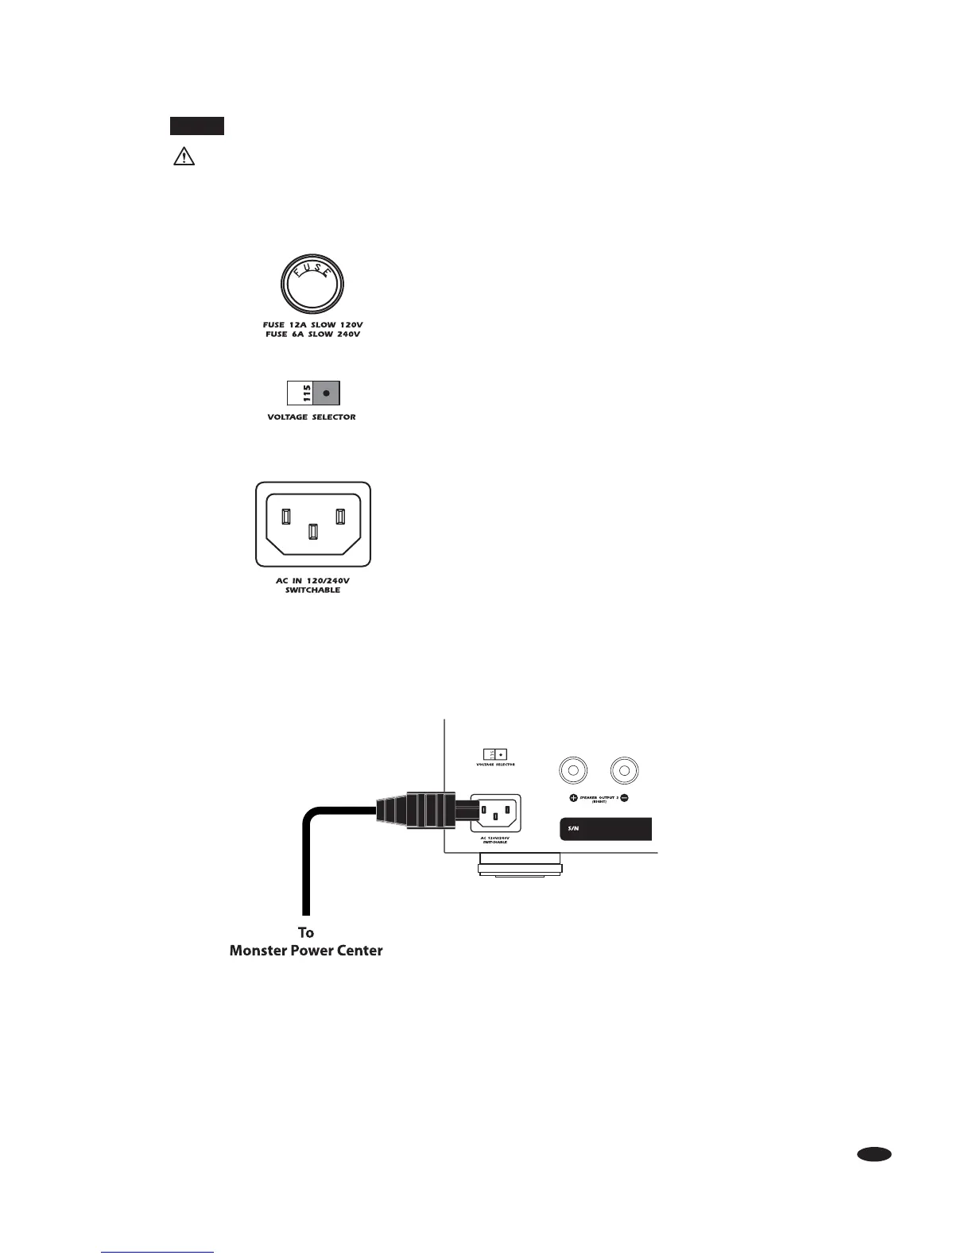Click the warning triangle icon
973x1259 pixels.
[184, 157]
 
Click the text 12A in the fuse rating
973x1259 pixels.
[298, 325]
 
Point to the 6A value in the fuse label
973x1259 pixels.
[297, 335]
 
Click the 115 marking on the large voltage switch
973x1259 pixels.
[300, 393]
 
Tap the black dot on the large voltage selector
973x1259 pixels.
[326, 393]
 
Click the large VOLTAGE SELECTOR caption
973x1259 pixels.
[312, 417]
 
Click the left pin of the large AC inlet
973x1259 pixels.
[285, 516]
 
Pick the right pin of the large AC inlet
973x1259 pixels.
[340, 516]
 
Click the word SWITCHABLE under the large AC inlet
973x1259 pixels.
[312, 591]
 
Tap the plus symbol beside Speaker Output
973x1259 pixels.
[574, 797]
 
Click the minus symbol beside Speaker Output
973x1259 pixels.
[624, 797]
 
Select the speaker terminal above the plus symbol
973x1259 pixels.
[574, 770]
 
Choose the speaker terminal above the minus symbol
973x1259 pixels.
[624, 770]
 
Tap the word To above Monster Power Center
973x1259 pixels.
[306, 932]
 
